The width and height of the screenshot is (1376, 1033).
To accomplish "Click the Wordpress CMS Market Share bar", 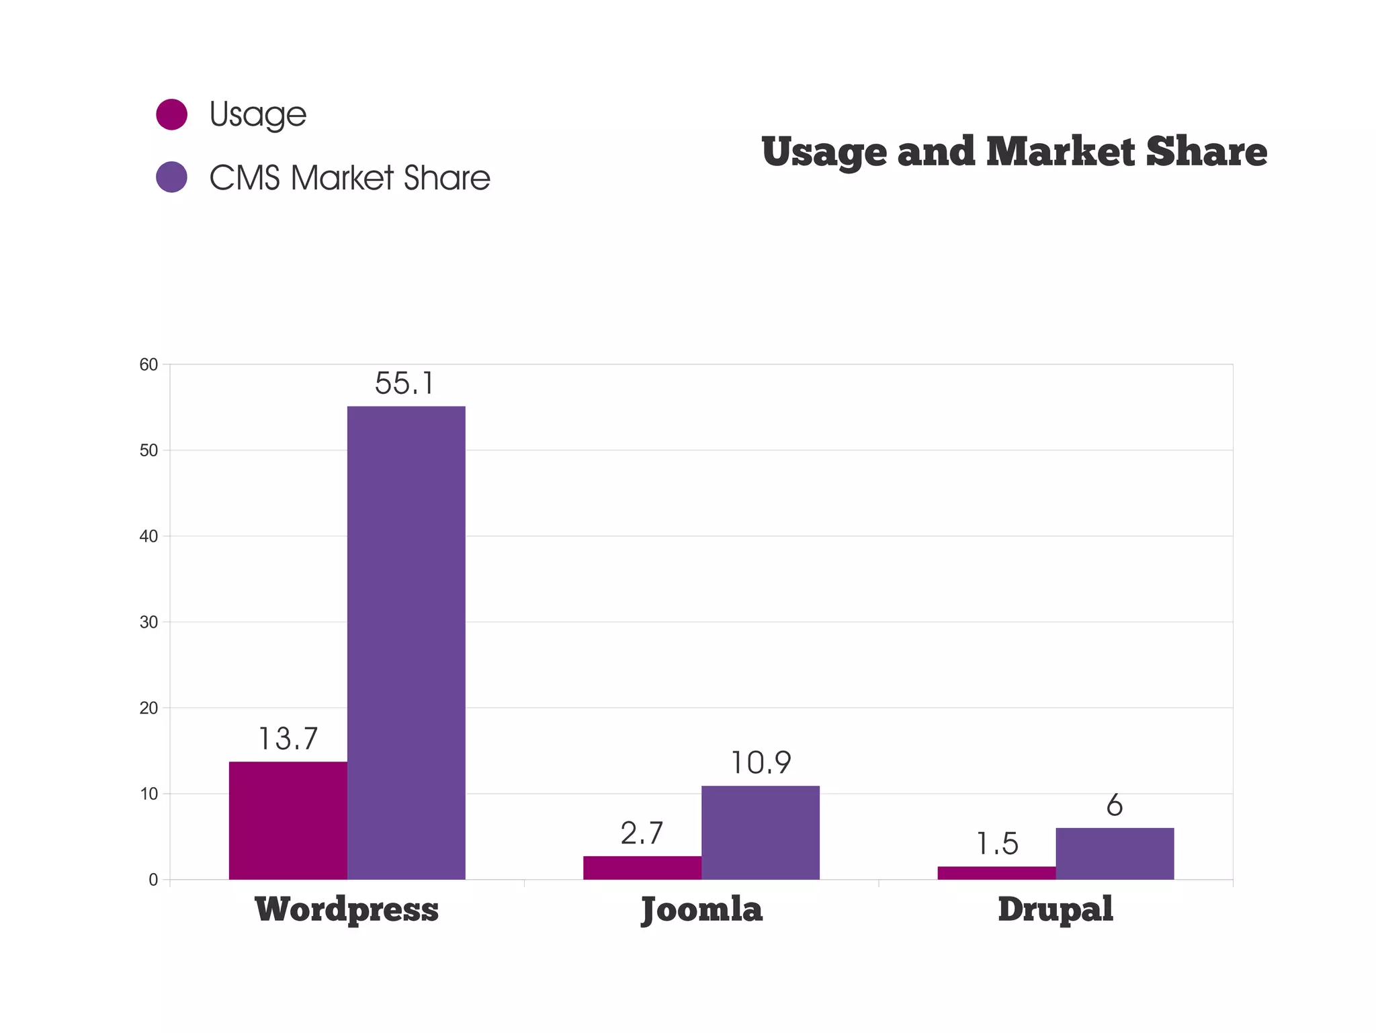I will pyautogui.click(x=406, y=643).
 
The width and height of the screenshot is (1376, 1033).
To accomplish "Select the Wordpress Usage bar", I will pyautogui.click(x=288, y=820).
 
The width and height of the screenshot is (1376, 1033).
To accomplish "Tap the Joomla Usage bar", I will pyautogui.click(x=642, y=868).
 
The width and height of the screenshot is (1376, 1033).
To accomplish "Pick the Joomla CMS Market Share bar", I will pyautogui.click(x=760, y=832).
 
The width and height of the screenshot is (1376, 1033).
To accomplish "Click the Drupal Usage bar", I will pyautogui.click(x=996, y=872).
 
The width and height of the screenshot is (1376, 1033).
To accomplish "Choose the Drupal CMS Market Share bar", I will pyautogui.click(x=1115, y=854).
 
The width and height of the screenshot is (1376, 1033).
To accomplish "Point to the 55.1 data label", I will pyautogui.click(x=404, y=384).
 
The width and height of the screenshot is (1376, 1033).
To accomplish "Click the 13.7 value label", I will pyautogui.click(x=288, y=739).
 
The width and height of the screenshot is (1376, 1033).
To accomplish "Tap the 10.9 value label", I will pyautogui.click(x=760, y=763).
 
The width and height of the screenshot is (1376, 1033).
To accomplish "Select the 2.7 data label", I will pyautogui.click(x=642, y=834).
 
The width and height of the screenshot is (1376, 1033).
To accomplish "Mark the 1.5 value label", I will pyautogui.click(x=996, y=844).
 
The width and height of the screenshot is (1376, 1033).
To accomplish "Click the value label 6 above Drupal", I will pyautogui.click(x=1115, y=805).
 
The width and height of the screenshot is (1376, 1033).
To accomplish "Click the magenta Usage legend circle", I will pyautogui.click(x=171, y=114).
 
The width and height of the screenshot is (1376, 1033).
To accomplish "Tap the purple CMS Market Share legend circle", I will pyautogui.click(x=171, y=177).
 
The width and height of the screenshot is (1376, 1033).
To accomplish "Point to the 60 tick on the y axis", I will pyautogui.click(x=148, y=365).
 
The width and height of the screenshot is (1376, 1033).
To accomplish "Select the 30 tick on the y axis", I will pyautogui.click(x=148, y=622).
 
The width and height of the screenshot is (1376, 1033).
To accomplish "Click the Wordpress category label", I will pyautogui.click(x=347, y=909).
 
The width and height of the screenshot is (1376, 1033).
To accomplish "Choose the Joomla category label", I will pyautogui.click(x=701, y=909).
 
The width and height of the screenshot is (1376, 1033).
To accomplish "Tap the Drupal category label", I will pyautogui.click(x=1055, y=909).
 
